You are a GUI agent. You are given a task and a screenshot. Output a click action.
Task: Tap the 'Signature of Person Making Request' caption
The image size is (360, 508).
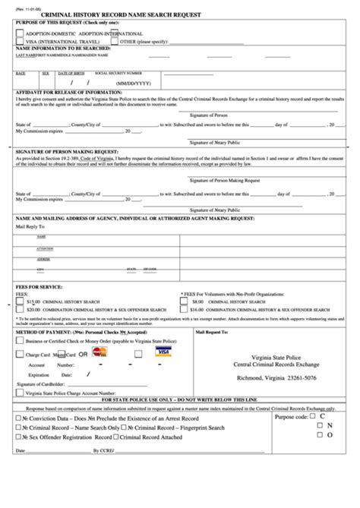[x=226, y=180]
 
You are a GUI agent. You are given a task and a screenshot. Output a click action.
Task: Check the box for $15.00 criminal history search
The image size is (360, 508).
[x=19, y=301]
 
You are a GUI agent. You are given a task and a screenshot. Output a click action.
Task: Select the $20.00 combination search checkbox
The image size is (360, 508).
[x=19, y=310]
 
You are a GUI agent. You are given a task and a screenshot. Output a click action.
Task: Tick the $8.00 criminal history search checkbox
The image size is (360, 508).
[x=184, y=301]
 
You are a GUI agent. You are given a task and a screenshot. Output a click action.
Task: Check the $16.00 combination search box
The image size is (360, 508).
[x=184, y=310]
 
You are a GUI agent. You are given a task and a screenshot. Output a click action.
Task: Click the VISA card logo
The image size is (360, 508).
[x=162, y=352]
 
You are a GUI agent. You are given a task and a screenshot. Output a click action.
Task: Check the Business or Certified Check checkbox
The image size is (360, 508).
[x=19, y=342]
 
